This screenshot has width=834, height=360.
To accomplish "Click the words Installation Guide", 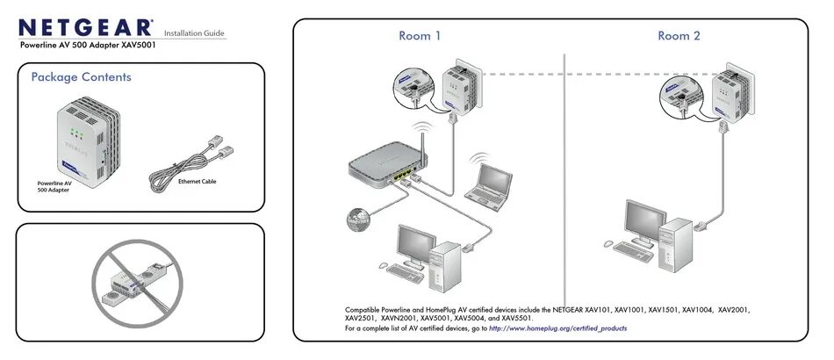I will click(195, 32).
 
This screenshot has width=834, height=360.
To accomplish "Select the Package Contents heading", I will click(81, 77).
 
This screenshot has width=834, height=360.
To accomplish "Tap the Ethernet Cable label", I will click(197, 182).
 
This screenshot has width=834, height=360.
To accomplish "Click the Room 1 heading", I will click(420, 36).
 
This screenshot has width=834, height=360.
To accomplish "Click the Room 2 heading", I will click(679, 36).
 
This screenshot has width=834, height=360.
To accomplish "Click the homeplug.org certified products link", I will click(557, 328).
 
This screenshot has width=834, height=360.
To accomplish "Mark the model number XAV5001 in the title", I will click(135, 44).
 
